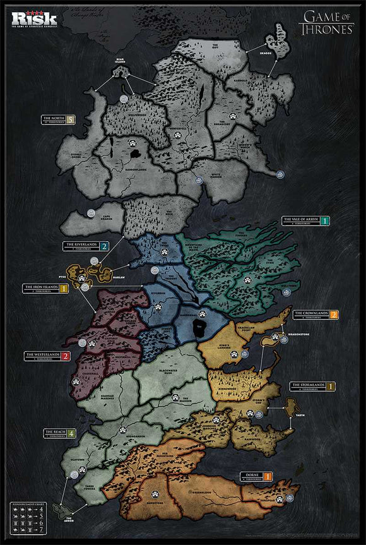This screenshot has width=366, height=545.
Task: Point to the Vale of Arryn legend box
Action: pyautogui.click(x=305, y=221)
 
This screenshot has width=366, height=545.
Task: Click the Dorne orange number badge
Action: pyautogui.click(x=268, y=476)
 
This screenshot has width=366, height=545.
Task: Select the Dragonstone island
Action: pyautogui.click(x=269, y=341)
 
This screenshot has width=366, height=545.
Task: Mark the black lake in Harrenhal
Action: pyautogui.click(x=200, y=324)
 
